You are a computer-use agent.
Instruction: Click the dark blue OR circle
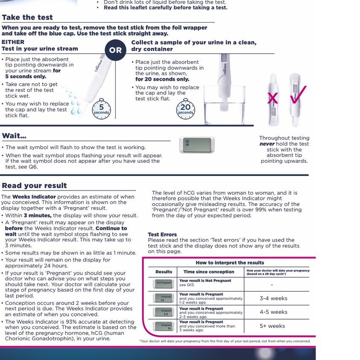[115, 50]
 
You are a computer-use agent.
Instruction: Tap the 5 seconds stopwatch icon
[101, 109]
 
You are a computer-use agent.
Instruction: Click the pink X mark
[272, 99]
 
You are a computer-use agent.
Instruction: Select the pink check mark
[298, 95]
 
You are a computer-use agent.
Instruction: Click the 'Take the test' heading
[27, 18]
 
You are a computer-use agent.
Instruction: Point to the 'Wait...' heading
[14, 136]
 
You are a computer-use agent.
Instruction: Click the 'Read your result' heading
[34, 186]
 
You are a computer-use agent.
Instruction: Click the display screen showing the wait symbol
[197, 145]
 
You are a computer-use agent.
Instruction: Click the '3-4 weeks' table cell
[273, 299]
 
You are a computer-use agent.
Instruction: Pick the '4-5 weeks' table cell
[273, 312]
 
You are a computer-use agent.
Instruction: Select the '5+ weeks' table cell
[272, 326]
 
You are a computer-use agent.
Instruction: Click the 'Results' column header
[164, 272]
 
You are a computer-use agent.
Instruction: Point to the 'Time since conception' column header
[209, 272]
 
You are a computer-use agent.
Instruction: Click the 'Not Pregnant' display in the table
[163, 283]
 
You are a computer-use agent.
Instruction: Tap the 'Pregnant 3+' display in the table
[163, 326]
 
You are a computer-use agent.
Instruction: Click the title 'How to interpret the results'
[230, 263]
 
